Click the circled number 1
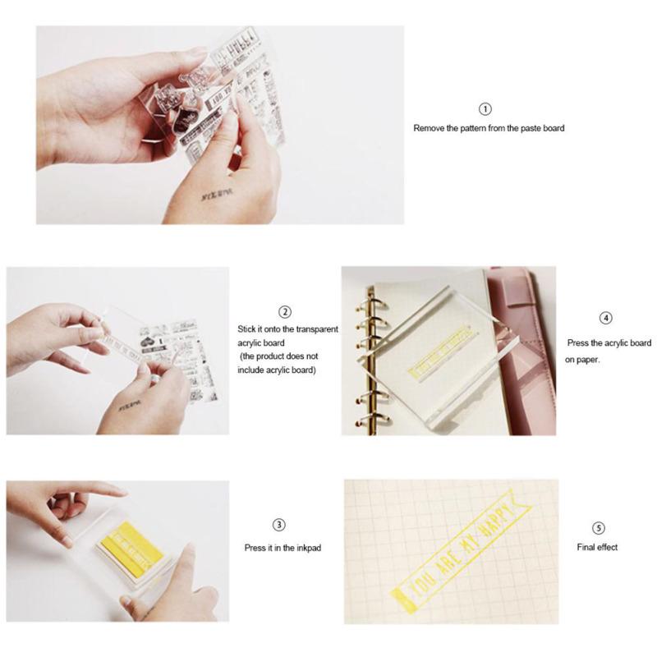pos(485,109)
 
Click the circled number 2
pos(285,312)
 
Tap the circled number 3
pos(278,526)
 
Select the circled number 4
pos(606,318)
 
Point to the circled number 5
pos(598,527)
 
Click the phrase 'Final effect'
pos(597,547)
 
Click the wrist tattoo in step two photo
pos(129,406)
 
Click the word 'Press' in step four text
pos(581,343)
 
